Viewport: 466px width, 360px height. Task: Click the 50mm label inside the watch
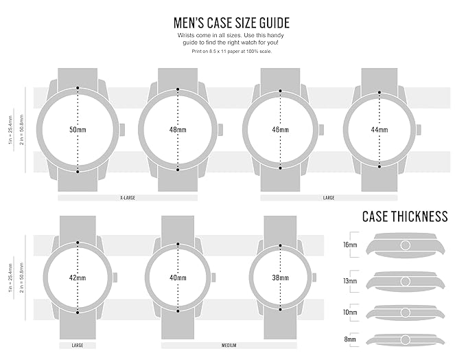pos(78,130)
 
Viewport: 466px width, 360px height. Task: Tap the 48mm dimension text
pos(178,130)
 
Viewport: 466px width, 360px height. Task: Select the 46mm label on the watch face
pos(280,130)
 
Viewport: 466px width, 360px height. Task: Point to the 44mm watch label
pos(380,130)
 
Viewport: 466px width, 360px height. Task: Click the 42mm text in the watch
pos(78,278)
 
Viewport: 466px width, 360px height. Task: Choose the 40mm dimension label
pos(178,278)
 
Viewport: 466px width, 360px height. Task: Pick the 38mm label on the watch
pos(280,278)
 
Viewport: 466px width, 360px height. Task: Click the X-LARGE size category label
pos(128,198)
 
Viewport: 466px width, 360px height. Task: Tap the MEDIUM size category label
pos(229,346)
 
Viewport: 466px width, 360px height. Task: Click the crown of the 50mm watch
pos(122,130)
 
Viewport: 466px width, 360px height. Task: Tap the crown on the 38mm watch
pos(314,278)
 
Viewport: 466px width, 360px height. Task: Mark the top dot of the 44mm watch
pos(380,93)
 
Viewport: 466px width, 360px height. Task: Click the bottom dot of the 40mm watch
pos(178,311)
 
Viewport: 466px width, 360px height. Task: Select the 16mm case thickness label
pos(350,245)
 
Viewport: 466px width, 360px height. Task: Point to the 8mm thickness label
pos(350,339)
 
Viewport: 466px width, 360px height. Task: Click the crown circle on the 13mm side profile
pos(406,281)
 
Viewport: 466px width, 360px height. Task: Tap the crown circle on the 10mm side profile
pos(406,313)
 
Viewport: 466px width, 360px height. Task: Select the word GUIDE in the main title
pos(275,23)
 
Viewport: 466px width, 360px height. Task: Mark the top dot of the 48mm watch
pos(178,89)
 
